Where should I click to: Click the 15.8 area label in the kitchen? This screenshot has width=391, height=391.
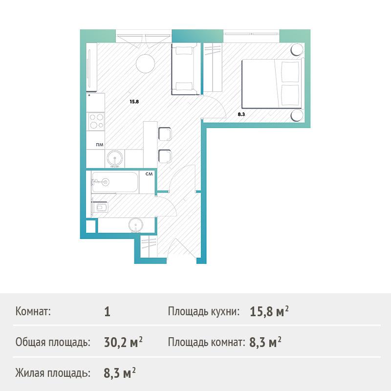tap(134, 102)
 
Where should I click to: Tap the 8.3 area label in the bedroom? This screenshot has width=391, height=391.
tap(241, 114)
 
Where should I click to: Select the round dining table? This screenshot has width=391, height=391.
tap(145, 64)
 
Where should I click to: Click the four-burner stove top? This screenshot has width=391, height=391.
tap(96, 121)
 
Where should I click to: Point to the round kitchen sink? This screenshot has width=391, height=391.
tap(115, 158)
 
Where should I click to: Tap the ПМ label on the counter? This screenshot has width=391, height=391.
tap(100, 145)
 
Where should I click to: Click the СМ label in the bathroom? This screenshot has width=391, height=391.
tap(149, 174)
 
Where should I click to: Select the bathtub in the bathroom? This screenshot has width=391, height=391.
tap(114, 182)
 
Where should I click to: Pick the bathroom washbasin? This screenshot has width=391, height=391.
tap(136, 225)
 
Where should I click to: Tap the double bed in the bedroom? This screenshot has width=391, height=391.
tap(272, 84)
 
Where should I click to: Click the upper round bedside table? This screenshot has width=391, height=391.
tap(297, 49)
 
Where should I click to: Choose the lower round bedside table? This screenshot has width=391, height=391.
tap(297, 115)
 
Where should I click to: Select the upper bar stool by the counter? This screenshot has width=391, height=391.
tap(165, 134)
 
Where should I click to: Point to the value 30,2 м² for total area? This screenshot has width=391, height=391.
tap(123, 342)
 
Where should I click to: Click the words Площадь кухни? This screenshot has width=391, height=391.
tap(204, 311)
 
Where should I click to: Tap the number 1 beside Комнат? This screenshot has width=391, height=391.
tap(107, 312)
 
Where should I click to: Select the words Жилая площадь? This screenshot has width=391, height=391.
tap(53, 373)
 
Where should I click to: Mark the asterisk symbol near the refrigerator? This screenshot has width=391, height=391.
tap(89, 95)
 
